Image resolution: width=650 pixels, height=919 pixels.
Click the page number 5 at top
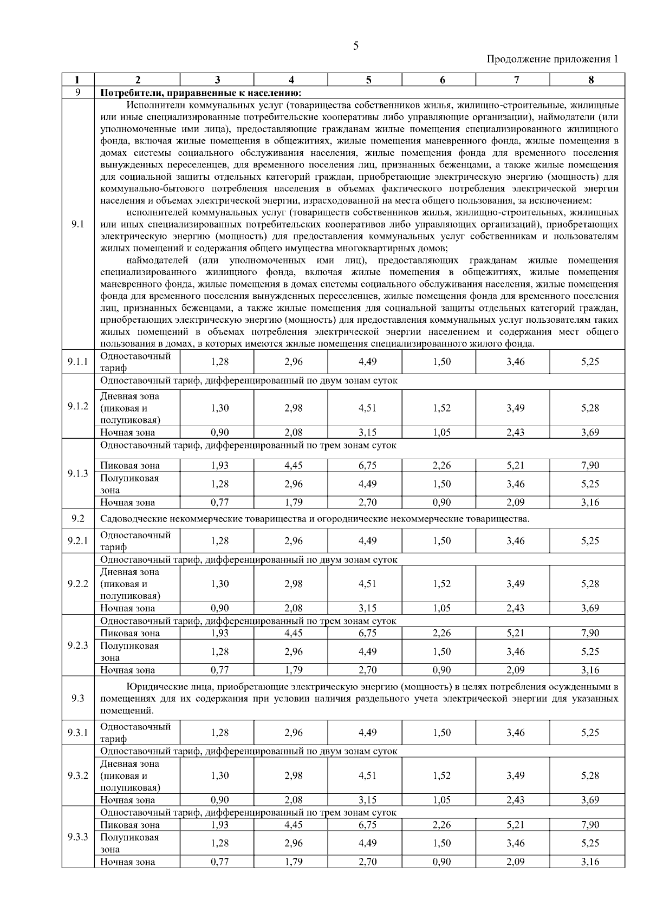pos(355,46)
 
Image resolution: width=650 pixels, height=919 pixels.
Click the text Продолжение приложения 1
pos(552,59)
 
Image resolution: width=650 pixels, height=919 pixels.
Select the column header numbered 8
pos(590,80)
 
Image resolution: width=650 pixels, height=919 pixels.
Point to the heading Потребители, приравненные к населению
pos(200,92)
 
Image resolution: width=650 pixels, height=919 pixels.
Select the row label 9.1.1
pos(77,362)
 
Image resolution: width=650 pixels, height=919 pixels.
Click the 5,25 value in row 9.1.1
pos(590,362)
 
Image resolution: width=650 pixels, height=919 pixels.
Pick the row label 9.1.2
pos(77,406)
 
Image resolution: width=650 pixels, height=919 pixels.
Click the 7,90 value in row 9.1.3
pos(590,465)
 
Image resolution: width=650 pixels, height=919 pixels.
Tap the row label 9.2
pos(77,519)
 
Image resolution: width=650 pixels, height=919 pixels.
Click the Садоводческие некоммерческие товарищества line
pos(314,519)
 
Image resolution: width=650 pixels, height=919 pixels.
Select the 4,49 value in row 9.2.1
pos(367,540)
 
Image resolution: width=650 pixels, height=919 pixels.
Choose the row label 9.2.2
pos(77,584)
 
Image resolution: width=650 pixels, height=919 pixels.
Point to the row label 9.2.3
pos(77,646)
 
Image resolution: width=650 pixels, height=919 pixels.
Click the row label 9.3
pos(77,698)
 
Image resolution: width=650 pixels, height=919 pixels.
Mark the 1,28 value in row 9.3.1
pos(219,733)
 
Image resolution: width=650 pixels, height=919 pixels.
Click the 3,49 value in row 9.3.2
pos(515,775)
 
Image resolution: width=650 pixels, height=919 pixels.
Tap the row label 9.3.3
pos(77,837)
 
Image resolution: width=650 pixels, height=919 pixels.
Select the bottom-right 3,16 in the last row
pos(590,862)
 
